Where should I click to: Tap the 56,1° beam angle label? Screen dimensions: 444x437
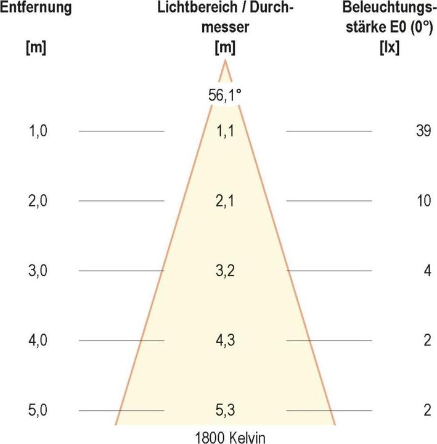point(225,96)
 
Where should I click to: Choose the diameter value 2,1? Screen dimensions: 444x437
point(225,201)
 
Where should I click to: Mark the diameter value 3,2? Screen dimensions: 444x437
point(225,271)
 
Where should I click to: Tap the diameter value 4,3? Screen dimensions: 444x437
point(225,341)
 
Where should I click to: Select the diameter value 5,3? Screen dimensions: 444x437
point(225,411)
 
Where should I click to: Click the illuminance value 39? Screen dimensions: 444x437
point(423,131)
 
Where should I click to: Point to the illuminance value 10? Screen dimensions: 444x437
point(423,201)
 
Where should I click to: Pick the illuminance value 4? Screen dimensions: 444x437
point(427,271)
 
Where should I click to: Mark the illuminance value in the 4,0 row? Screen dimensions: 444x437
point(427,341)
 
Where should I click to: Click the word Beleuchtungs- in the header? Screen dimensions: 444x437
point(389,9)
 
